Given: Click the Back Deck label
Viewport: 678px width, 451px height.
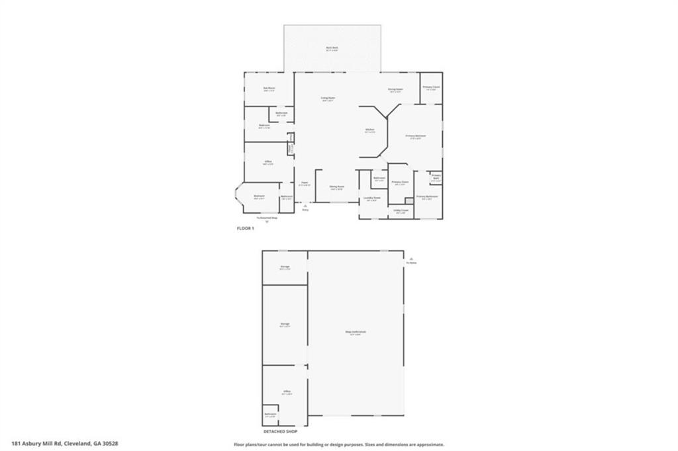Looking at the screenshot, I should coord(332,48).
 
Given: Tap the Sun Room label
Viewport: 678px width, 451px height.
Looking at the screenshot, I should coord(269,88).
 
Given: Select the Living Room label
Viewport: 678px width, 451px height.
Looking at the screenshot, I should coord(327,98).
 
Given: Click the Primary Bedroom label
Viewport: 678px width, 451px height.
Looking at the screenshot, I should coord(416,136).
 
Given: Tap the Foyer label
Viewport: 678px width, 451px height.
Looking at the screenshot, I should coord(305,183).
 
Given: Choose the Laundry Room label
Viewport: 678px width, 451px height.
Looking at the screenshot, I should coord(371,197).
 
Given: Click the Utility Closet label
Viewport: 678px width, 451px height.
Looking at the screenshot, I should coord(401,210).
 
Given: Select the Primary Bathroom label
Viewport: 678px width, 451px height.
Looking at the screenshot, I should coord(427,196).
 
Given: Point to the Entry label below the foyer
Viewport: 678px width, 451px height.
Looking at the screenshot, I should coord(305,210).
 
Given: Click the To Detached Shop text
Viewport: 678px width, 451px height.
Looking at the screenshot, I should coord(267,217).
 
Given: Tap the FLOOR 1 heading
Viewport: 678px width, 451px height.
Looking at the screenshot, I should coord(246,228).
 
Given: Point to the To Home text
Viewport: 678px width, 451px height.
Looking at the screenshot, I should coord(412,263).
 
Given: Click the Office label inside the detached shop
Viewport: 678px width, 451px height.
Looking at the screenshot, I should coord(287,391).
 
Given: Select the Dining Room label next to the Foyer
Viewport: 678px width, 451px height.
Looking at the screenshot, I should coord(337,186).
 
